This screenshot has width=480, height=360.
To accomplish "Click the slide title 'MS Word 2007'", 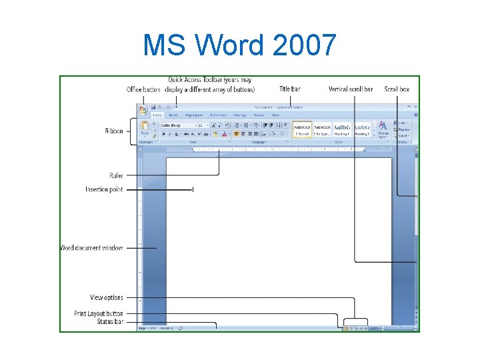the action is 240,45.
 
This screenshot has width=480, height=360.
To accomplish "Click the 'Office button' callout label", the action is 143,89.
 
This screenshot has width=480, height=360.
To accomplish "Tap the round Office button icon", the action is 143,110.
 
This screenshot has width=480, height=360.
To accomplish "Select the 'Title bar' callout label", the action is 289,89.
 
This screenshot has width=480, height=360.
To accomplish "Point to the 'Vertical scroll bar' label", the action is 351,89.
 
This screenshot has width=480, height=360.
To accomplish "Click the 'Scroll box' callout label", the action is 397,89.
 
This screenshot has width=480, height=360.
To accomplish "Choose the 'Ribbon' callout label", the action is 113,131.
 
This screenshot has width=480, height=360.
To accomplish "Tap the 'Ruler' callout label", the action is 116,176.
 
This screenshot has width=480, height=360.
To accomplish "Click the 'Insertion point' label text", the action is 104,189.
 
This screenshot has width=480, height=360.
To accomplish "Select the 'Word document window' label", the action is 91,248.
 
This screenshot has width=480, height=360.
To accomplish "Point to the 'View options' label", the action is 107,297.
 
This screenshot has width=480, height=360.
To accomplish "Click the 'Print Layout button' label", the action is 99,313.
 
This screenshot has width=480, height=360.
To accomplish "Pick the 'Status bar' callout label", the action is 109,321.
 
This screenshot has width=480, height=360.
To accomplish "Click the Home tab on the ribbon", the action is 157,115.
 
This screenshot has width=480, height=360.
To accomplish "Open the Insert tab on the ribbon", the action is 173,115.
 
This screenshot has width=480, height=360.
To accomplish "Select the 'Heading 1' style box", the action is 343,129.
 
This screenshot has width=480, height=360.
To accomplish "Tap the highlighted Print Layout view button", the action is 345,328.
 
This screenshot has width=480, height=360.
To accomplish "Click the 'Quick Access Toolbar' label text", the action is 210,81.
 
